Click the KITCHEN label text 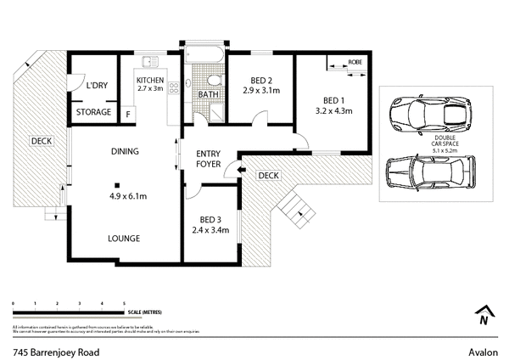point(150,82)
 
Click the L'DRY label point(94,85)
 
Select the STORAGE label point(93,112)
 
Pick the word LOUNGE point(123,239)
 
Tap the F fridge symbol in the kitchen point(128,114)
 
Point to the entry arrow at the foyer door point(241,171)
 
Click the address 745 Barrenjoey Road point(52,349)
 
